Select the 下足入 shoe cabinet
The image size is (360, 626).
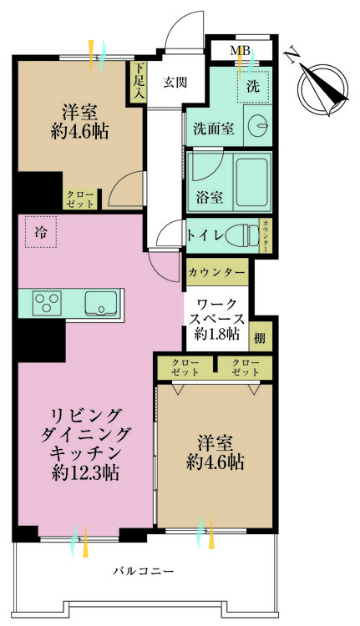136,83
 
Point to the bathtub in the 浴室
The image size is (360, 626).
251,181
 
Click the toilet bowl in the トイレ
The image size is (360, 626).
241,235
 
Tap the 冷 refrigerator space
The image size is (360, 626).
40,233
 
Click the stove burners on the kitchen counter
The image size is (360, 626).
46,302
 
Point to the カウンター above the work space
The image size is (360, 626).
216,272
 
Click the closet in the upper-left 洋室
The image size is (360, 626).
81,199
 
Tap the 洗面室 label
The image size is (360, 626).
213,129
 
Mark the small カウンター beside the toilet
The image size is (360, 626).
266,234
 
